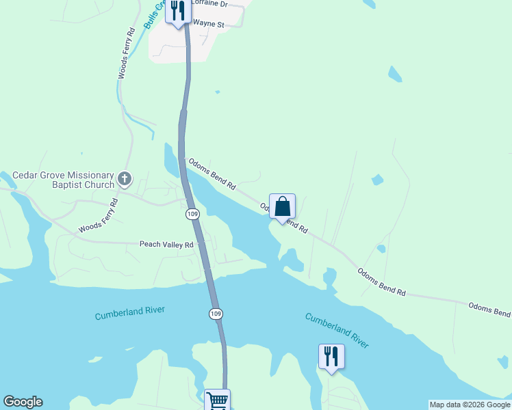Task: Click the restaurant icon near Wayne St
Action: click(178, 12)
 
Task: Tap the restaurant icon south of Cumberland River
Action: click(331, 356)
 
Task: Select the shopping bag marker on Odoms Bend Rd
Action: click(282, 206)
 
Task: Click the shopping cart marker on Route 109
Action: click(218, 400)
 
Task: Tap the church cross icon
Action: click(124, 179)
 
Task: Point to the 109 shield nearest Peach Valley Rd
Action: click(192, 214)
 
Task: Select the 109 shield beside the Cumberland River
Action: click(215, 314)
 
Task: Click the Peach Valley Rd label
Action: click(167, 244)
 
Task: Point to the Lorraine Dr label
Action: click(211, 3)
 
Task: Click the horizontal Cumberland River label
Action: click(130, 312)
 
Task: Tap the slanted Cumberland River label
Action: click(337, 331)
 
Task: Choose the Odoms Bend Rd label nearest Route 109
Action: click(212, 172)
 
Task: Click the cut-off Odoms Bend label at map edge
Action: click(489, 310)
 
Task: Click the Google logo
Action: click(23, 402)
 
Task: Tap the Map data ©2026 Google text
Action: click(469, 405)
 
